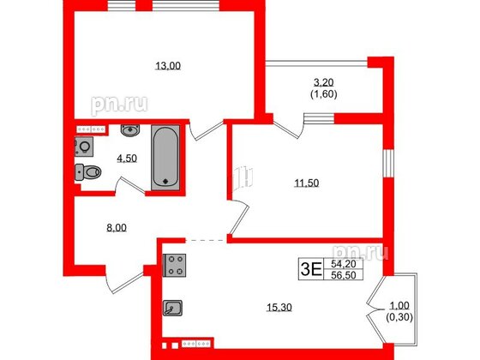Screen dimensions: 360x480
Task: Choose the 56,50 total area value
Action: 342,276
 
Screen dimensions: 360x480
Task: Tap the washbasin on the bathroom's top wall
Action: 129,131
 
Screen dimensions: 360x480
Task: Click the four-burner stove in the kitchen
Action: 176,267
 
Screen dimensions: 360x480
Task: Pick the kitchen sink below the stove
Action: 174,307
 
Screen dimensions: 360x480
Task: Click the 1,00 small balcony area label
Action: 397,308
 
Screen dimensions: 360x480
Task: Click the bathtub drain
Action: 165,181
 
